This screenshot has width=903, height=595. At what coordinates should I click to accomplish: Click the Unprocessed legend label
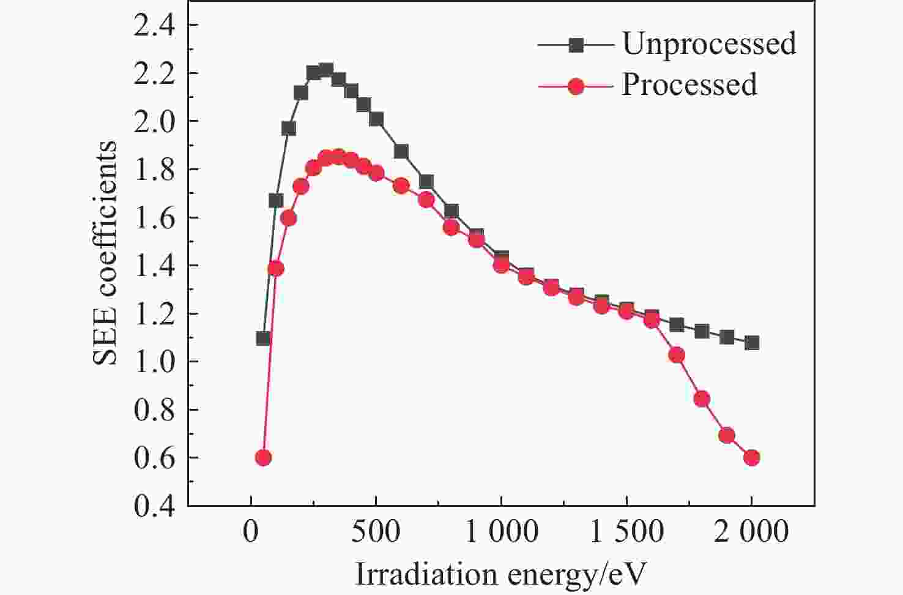pos(709,43)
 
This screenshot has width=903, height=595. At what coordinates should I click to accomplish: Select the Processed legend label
pos(689,84)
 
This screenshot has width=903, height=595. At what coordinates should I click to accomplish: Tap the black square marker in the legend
pos(575,45)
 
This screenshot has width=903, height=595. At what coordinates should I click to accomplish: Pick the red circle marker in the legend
pos(575,86)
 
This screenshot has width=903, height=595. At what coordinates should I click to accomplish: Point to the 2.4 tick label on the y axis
pos(155,26)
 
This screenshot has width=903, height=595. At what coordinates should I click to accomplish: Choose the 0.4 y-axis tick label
pos(155,506)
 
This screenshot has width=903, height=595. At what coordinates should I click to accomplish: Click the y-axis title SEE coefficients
pos(105,253)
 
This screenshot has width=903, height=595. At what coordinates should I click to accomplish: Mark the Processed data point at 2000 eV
pos(752,457)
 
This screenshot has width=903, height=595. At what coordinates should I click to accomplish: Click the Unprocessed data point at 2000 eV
pos(752,343)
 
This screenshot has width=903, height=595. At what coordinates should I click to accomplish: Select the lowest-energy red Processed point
pos(263,457)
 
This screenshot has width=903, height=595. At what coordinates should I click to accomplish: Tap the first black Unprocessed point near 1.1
pos(263,338)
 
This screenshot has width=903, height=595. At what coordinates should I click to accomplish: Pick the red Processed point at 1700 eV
pos(676,355)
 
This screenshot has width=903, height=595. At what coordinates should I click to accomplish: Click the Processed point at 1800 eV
pos(702,399)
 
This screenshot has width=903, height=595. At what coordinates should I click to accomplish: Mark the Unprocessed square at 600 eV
pos(401,152)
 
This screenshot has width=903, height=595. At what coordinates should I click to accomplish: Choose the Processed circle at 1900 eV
pos(727,436)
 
